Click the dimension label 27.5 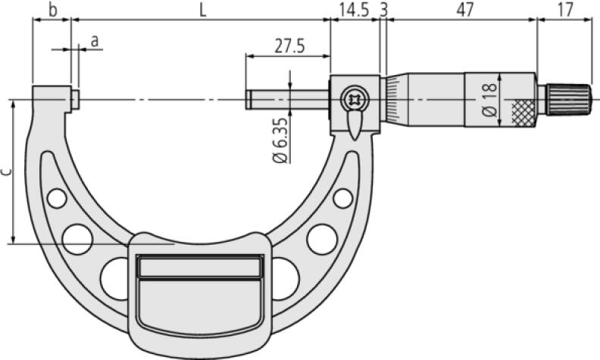[x=289, y=46]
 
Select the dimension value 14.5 [x=355, y=10]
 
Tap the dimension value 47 [x=465, y=10]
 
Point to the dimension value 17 [x=565, y=10]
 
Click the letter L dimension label [x=203, y=10]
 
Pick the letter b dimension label [x=53, y=10]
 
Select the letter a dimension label [x=95, y=41]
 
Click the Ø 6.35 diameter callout [x=280, y=140]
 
